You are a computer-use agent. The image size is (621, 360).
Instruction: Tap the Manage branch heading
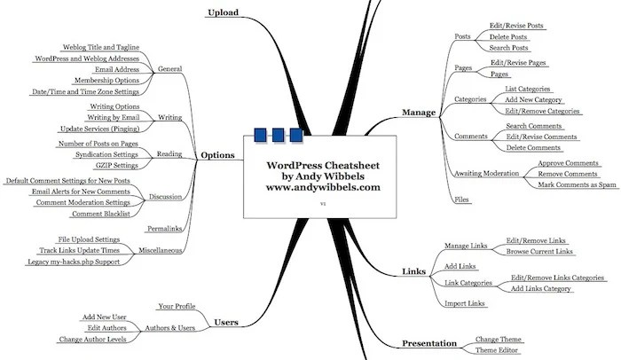(418, 113)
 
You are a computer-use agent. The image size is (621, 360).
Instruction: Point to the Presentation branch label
(430, 344)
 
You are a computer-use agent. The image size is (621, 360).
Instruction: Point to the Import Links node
(464, 304)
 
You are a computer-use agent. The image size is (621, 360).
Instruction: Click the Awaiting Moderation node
(486, 173)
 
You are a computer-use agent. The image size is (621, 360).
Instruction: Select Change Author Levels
(93, 340)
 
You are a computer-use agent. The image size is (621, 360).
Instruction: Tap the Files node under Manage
(461, 201)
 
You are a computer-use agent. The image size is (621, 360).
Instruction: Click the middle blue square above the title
(279, 136)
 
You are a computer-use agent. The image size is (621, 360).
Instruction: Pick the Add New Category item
(533, 100)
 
